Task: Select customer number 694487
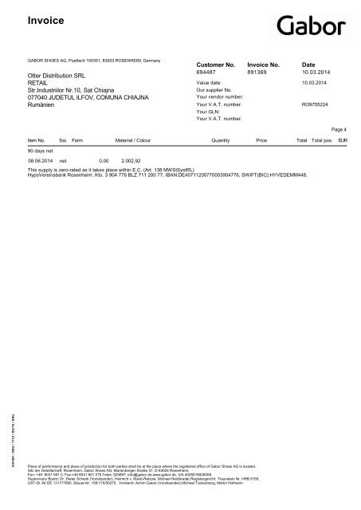coord(206,73)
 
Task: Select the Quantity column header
coord(220,139)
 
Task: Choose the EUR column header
coord(343,139)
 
